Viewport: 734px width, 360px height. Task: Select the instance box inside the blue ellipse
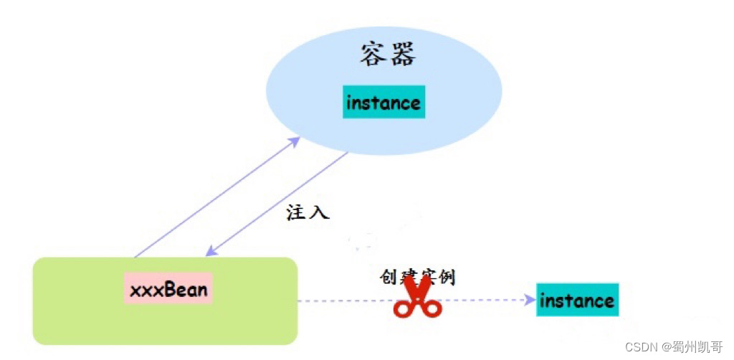(383, 103)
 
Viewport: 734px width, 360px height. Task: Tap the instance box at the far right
(577, 300)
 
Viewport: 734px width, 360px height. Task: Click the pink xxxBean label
(168, 289)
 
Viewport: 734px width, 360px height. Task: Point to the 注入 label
(308, 213)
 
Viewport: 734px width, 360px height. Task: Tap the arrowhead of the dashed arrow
(530, 300)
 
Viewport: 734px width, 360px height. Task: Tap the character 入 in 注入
(318, 213)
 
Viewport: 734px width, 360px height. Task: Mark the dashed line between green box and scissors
(344, 300)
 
